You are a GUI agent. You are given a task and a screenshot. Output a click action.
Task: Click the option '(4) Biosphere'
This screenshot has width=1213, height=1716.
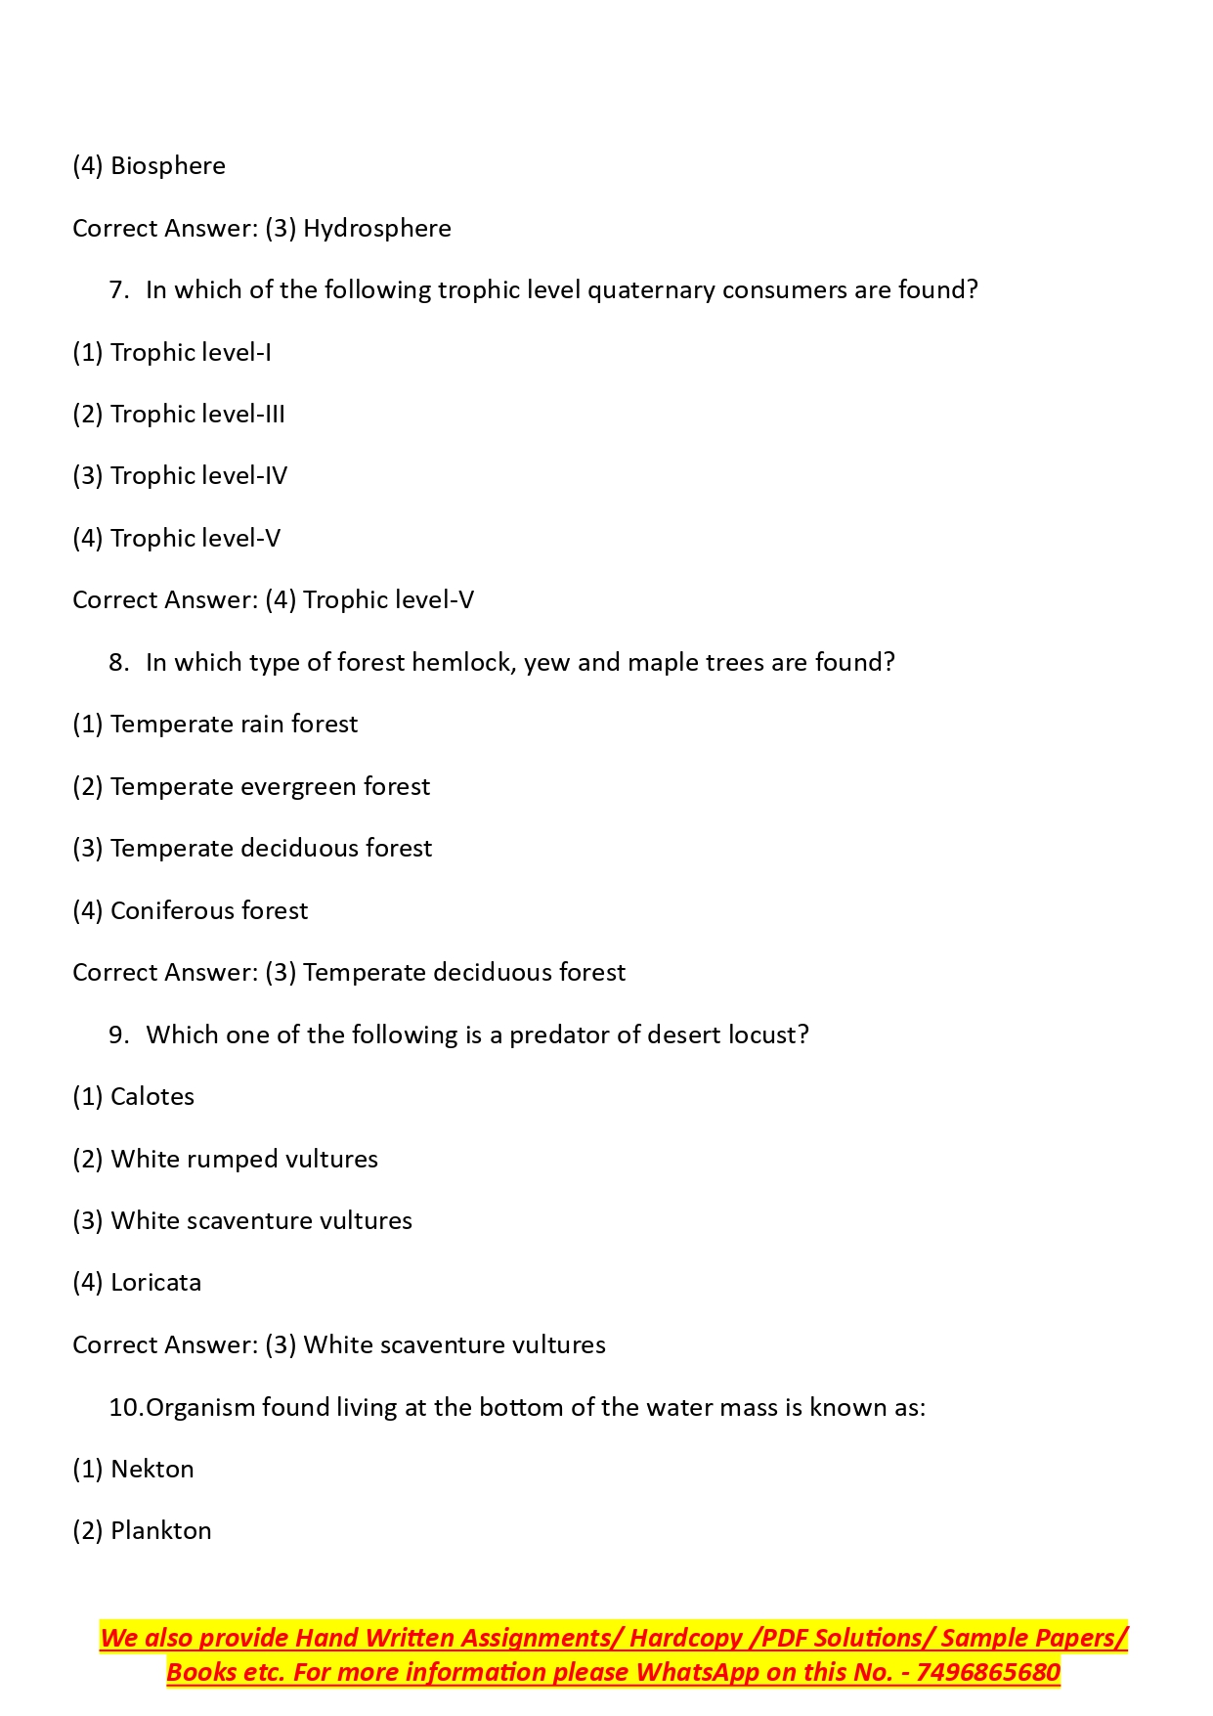(149, 166)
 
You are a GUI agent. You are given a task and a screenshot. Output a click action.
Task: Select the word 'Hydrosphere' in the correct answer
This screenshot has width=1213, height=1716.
(377, 229)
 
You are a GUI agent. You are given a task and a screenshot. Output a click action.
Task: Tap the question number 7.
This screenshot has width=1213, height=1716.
(119, 290)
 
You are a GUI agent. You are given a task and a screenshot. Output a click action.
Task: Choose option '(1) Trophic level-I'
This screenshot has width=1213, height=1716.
(172, 352)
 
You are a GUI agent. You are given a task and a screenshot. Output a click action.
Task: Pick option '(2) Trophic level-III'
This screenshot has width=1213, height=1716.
(179, 415)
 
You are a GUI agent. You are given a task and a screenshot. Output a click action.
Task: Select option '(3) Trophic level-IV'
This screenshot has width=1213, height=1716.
(180, 476)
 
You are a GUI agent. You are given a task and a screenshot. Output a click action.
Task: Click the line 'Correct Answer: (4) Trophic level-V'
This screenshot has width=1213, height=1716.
(273, 600)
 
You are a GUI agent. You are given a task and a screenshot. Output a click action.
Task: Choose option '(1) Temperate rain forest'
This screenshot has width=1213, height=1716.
(215, 725)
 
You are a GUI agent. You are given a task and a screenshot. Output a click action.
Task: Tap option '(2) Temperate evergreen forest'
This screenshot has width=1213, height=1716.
(251, 787)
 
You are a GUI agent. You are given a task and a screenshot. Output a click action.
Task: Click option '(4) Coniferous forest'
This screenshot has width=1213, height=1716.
(190, 911)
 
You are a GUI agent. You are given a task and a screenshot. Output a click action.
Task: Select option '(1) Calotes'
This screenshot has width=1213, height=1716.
(133, 1097)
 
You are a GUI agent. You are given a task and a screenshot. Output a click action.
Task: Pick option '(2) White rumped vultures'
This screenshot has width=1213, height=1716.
(225, 1160)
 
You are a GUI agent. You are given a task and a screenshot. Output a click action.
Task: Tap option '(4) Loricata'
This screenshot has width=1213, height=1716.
(137, 1283)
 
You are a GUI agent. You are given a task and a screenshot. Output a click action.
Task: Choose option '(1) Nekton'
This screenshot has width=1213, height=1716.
(133, 1470)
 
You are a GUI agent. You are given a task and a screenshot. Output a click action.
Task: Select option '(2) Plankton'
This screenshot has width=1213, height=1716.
(142, 1531)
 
